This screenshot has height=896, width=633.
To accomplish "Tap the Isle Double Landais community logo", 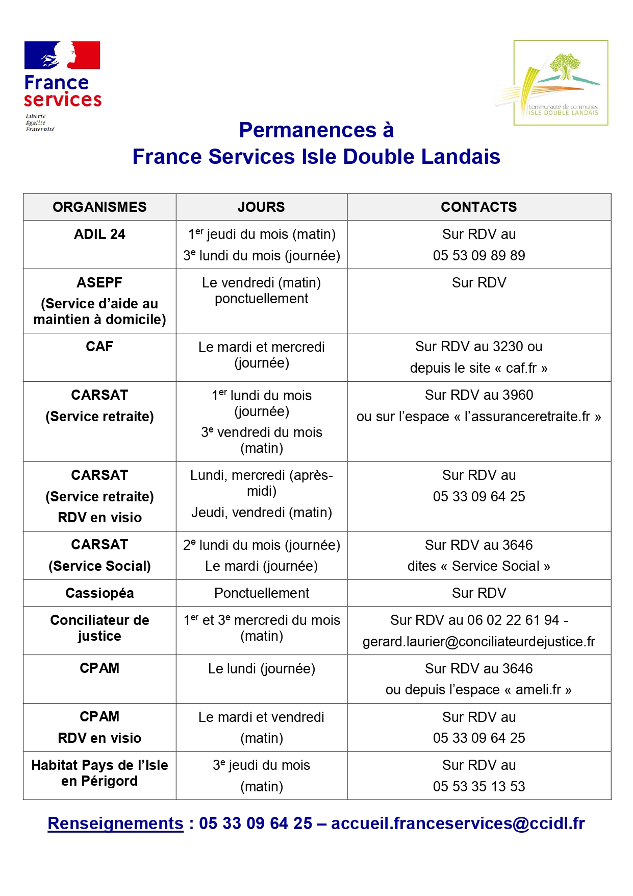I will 560,83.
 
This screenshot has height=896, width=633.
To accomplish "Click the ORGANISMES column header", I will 99,207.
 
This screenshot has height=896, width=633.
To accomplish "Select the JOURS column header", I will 261,207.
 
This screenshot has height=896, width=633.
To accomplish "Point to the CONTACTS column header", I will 478,207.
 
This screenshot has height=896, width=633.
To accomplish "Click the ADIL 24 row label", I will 99,234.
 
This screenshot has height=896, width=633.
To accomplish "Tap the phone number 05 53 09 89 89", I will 478,255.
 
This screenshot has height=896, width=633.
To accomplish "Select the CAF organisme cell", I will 99,347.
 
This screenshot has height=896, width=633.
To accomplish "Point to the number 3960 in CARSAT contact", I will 517,395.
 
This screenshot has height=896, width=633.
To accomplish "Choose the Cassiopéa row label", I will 99,593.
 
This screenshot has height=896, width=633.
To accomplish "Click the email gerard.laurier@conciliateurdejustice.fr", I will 478,641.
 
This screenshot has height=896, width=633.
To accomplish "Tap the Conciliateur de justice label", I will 99,628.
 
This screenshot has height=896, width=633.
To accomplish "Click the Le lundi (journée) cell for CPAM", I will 261,668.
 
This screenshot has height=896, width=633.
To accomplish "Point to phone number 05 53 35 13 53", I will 478,786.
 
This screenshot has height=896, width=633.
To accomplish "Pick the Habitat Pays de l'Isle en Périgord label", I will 99,773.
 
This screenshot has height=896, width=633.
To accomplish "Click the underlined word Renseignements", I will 115,823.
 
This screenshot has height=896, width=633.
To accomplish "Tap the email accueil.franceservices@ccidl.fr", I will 458,823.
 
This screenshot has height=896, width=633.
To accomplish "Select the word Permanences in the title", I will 308,130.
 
